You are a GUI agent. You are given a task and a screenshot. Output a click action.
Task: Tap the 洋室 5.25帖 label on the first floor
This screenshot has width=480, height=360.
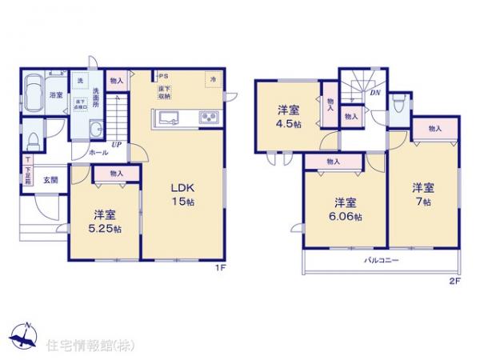point(105,222)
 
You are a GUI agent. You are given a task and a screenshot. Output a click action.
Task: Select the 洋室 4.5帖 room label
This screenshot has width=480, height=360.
point(288,118)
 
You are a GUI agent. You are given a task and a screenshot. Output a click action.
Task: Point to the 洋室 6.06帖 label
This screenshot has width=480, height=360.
point(346,207)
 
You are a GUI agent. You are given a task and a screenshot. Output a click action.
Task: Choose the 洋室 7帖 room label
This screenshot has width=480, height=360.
point(423,194)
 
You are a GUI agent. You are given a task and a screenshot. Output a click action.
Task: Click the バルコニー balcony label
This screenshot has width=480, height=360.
point(382,261)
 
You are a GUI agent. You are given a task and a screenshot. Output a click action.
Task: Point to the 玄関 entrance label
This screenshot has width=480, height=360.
point(50,180)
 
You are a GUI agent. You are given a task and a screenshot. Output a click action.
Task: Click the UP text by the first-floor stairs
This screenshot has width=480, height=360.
point(116,145)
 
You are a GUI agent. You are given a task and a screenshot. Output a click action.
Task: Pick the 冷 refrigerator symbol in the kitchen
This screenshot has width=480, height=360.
point(214,80)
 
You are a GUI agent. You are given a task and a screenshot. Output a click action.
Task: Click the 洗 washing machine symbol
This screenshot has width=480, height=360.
point(80,80)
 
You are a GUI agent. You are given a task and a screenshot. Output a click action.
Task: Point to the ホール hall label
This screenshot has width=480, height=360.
point(98,151)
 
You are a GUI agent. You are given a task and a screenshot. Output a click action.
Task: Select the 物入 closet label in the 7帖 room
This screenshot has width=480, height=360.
point(436,128)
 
